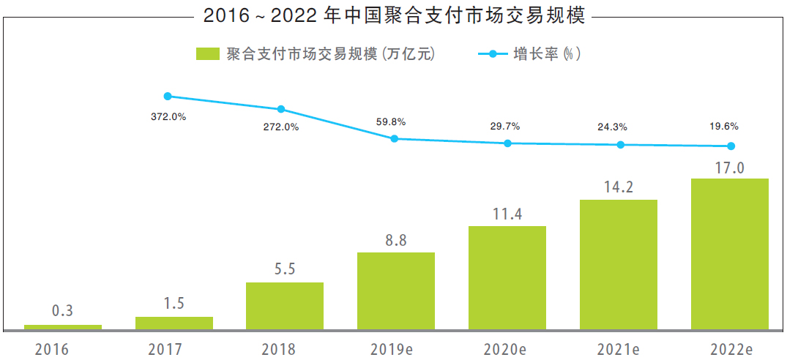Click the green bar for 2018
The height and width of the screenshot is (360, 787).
(285, 305)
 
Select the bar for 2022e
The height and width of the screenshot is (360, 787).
(730, 253)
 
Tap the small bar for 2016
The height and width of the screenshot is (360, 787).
(63, 326)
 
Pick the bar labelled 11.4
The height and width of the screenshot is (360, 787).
(507, 277)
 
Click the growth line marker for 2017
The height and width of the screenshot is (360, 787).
(168, 96)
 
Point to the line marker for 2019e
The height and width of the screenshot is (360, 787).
(395, 138)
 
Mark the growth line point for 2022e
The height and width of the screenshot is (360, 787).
(731, 146)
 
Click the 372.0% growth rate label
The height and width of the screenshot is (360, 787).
(168, 116)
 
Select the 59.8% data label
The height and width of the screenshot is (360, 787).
(391, 121)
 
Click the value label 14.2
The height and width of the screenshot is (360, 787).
(619, 187)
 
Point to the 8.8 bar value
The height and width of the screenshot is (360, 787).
(396, 240)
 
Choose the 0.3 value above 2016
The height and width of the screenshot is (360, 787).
(63, 311)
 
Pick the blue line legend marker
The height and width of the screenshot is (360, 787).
(492, 54)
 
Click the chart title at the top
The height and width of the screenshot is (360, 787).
(395, 15)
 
